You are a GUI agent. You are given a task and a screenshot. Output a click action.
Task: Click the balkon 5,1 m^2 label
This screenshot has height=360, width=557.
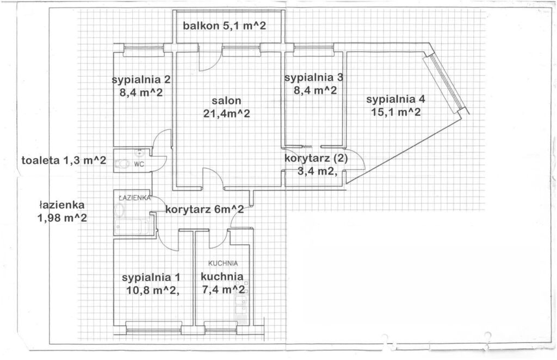tap(224, 26)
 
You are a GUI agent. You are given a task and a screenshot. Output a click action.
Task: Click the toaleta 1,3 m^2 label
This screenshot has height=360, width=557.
tap(64, 160)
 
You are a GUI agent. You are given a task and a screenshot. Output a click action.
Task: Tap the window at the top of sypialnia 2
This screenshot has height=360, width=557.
tap(144, 51)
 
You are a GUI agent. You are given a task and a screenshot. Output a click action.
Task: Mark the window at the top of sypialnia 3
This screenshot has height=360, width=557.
tap(313, 51)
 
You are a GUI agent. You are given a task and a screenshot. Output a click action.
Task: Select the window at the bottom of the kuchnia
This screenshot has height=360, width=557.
tap(221, 327)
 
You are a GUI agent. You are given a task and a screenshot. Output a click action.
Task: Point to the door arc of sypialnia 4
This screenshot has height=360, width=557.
tap(355, 159)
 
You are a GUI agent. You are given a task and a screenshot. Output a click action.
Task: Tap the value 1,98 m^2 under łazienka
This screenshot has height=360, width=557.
tap(63, 218)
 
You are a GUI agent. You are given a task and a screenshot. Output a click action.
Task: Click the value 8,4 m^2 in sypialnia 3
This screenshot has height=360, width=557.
tap(315, 91)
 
